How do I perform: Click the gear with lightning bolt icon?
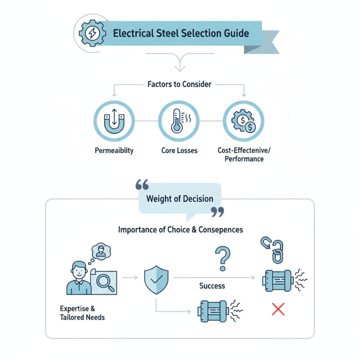coord(93,33)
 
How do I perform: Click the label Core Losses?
coord(179,150)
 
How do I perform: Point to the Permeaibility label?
coord(114,150)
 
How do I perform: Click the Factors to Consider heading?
coord(179,84)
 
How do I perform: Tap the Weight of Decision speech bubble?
coord(180,198)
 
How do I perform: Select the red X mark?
coord(278,309)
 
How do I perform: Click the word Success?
coord(212,286)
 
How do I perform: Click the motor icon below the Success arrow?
coord(214,310)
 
